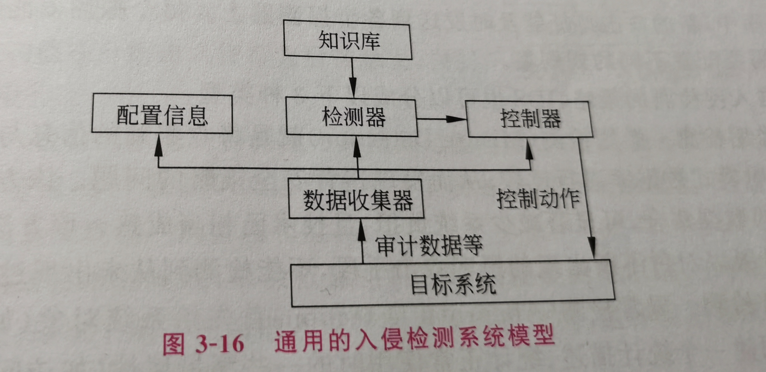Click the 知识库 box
click(348, 40)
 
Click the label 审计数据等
click(428, 245)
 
